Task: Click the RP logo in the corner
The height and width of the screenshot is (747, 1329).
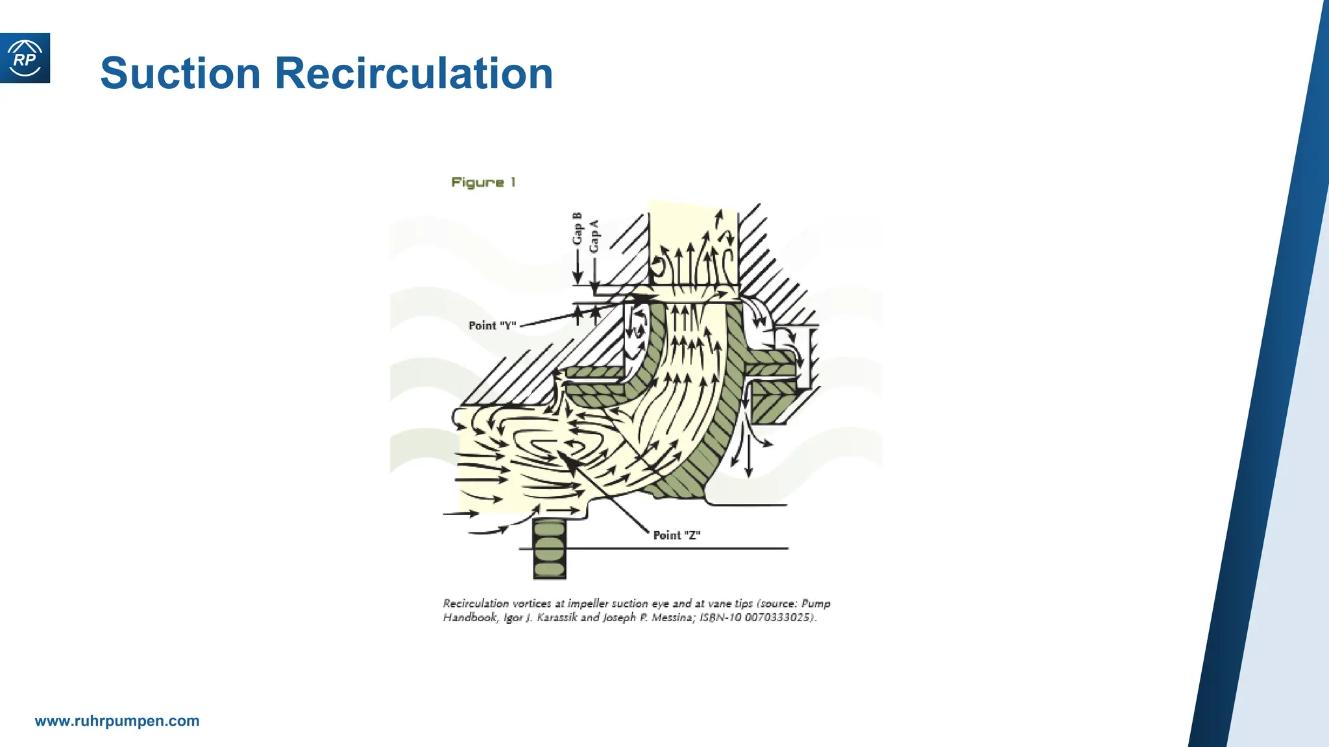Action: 25,58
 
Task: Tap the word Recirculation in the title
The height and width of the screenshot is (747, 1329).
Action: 414,73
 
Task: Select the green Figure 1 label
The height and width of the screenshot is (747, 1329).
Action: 483,182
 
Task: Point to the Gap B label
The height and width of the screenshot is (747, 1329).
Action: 577,229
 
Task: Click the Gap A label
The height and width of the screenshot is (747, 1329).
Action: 594,236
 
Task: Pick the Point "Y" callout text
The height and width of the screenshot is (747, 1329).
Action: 493,326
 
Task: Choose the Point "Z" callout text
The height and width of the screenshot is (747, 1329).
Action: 677,535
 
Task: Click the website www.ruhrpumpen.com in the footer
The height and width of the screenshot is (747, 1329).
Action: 117,721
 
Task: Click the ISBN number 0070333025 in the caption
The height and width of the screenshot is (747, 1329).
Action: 779,617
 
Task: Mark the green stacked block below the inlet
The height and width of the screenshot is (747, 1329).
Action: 550,549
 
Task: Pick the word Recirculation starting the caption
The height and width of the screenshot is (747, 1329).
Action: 476,604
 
